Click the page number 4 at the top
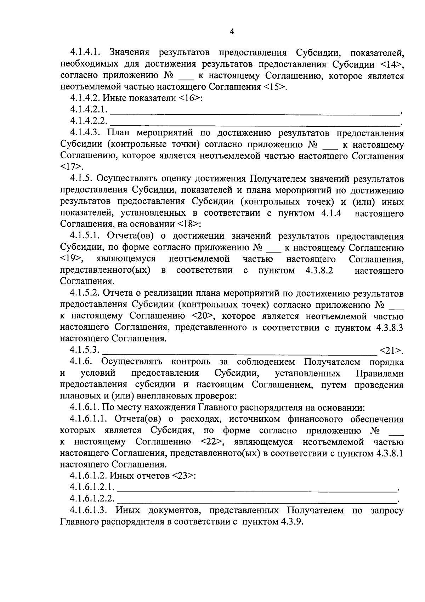point(232,32)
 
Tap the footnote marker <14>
point(391,64)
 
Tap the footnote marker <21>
point(391,351)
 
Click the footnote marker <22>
point(211,442)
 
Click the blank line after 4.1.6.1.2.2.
point(257,500)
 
